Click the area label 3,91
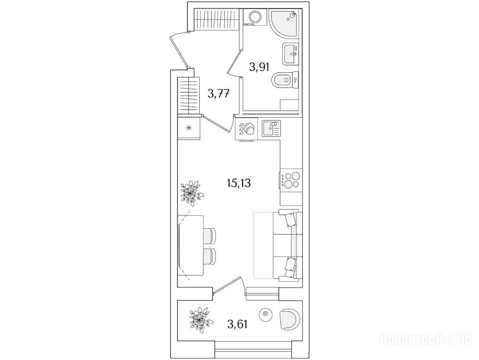click(259, 66)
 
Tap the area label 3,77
click(218, 93)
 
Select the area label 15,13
click(239, 183)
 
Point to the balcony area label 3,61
click(237, 323)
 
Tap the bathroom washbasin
click(290, 54)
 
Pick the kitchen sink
click(271, 128)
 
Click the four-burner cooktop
click(291, 180)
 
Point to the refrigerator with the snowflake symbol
click(189, 128)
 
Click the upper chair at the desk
click(210, 236)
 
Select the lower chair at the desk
click(210, 256)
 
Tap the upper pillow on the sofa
click(290, 219)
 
